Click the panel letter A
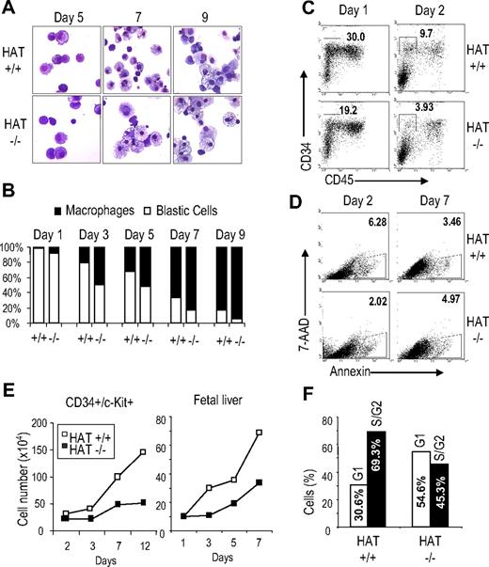coord(10,8)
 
